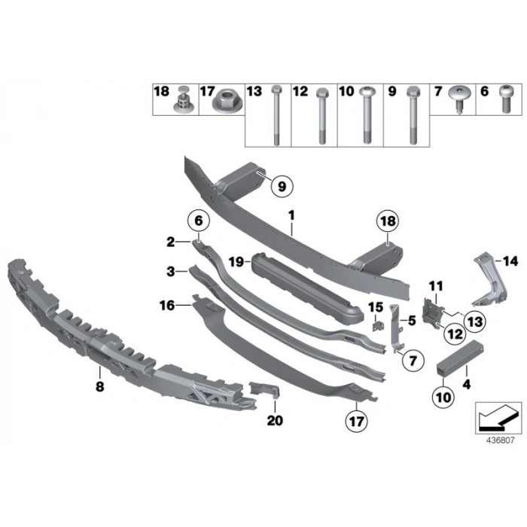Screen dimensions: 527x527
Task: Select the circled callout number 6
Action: pos(199,221)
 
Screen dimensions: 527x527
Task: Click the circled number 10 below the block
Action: pos(441,394)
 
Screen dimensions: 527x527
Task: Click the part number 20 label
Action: pos(275,421)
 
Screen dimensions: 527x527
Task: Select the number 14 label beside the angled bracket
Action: pos(511,261)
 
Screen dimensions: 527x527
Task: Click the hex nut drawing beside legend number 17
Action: pos(223,100)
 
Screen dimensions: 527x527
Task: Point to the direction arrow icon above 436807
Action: pos(497,415)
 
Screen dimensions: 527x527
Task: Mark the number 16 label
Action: pos(167,306)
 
